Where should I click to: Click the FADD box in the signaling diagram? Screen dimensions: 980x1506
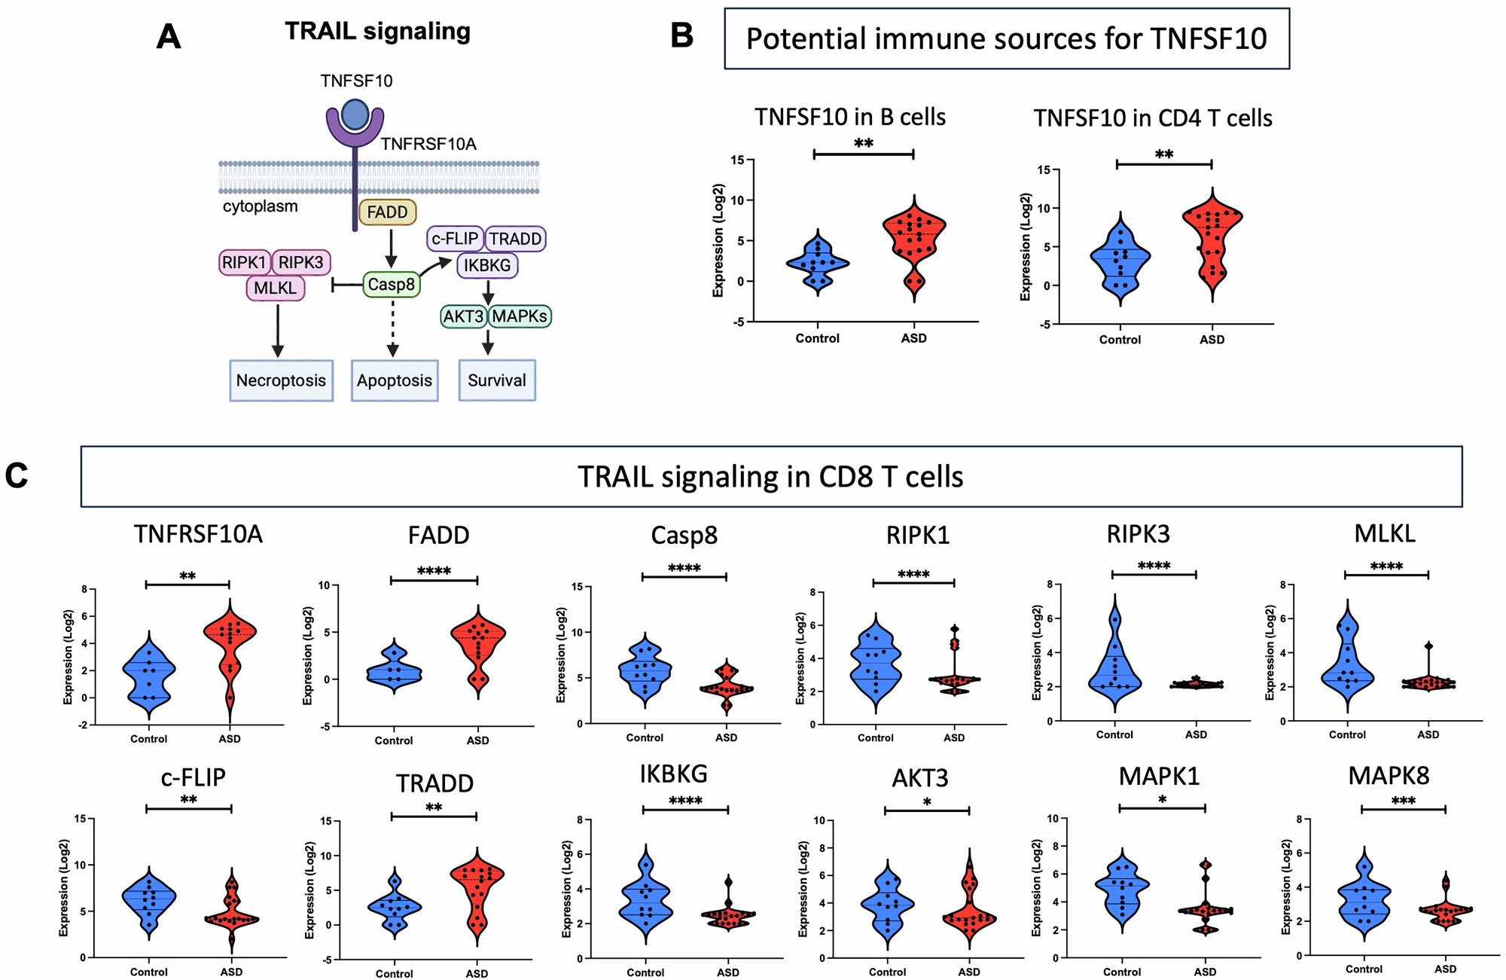tap(387, 212)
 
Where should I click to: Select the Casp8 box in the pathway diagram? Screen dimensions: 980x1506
tap(391, 285)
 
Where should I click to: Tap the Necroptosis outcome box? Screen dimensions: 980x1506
tap(281, 380)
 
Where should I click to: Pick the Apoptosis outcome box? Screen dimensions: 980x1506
tap(395, 380)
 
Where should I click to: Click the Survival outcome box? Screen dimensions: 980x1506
tap(497, 380)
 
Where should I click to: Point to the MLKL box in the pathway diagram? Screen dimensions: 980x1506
tap(275, 289)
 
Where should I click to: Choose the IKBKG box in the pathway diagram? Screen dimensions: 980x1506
tap(487, 265)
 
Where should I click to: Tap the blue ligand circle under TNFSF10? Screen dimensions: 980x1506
tap(355, 114)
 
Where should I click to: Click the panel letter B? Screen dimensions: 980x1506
tap(681, 36)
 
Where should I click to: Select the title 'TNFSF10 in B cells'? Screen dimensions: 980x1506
tap(850, 118)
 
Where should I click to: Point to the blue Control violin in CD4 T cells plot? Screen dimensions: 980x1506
tap(1120, 260)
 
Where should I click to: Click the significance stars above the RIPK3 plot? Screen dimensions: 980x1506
tap(1154, 566)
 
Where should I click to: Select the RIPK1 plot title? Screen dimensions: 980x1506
tap(917, 535)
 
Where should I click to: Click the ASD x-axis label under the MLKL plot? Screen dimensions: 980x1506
tap(1428, 734)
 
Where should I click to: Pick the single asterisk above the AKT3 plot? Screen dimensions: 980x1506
tap(927, 802)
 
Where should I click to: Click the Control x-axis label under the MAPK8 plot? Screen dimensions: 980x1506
tap(1364, 969)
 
